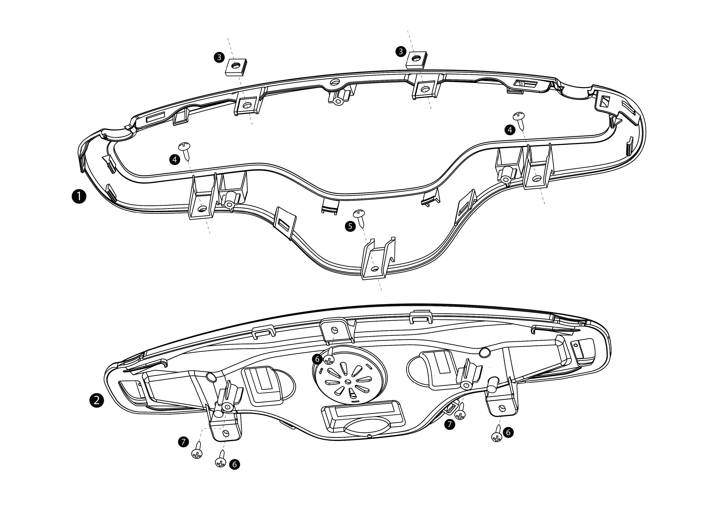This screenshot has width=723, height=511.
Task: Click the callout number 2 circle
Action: click(96, 400)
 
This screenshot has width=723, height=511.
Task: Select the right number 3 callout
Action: click(401, 51)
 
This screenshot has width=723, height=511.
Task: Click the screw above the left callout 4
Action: click(185, 149)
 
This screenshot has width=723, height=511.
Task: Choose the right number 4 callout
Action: click(510, 130)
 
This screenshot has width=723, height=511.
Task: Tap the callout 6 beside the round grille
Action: click(318, 359)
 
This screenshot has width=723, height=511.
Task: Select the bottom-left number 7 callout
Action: click(183, 442)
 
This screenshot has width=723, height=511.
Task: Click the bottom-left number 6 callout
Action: click(234, 464)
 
